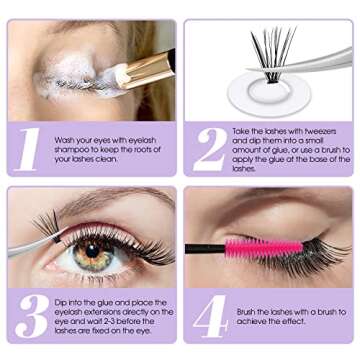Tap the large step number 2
[x=209, y=148]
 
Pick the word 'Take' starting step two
[x=242, y=131]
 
